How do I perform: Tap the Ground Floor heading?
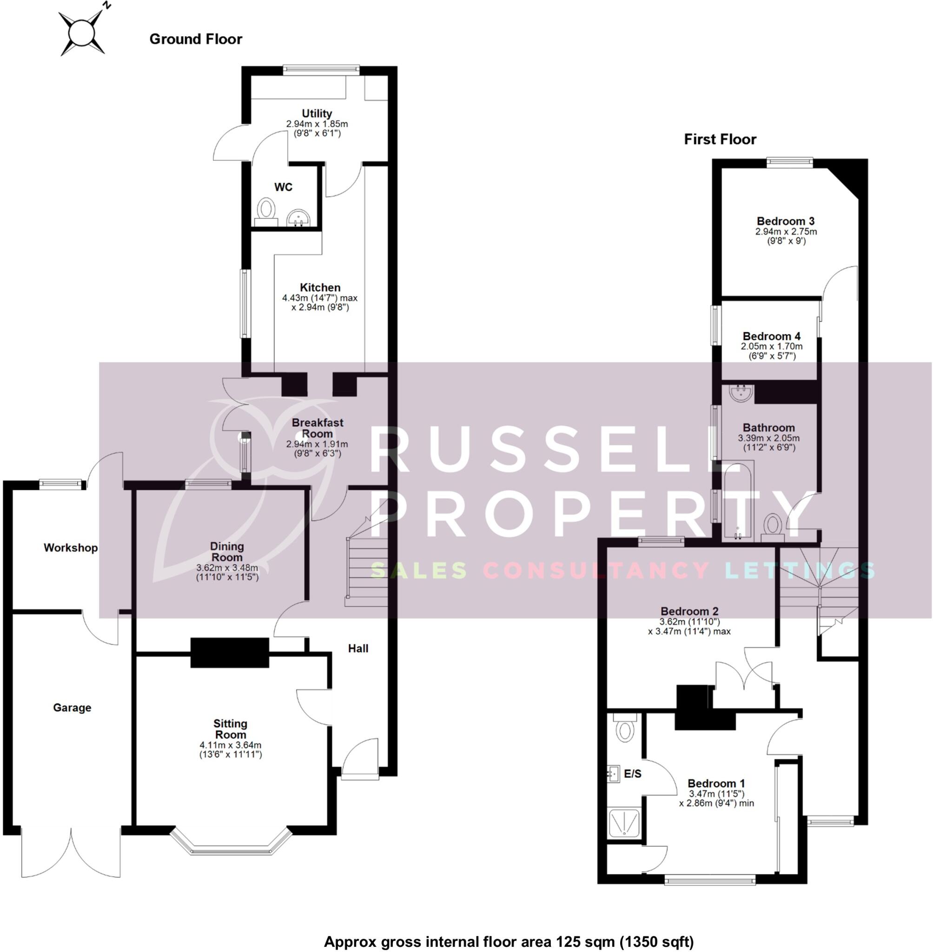(196, 39)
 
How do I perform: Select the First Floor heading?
(720, 139)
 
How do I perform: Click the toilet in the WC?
(265, 210)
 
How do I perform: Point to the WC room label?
(283, 187)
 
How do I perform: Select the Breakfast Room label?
(317, 428)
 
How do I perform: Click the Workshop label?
(71, 548)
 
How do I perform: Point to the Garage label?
(72, 707)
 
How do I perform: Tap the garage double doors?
(71, 853)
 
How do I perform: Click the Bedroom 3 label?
(786, 221)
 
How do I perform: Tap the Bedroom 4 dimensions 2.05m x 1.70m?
(771, 346)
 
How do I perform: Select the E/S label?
(633, 774)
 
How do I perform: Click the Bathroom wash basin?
(741, 393)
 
